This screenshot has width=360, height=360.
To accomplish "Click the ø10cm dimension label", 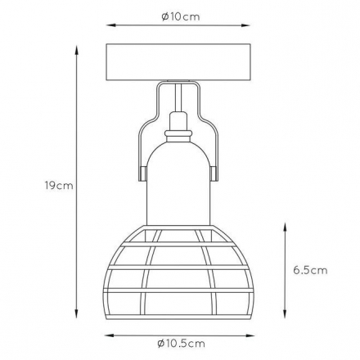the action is [181, 16].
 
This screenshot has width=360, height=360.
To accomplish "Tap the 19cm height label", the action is [59, 186].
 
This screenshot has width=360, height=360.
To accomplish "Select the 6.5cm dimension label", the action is [310, 270].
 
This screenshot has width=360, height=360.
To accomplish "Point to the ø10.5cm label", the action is [181, 344].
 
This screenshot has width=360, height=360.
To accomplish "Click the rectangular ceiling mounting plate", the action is [178, 62].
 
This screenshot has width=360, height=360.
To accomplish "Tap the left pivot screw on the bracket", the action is [142, 173].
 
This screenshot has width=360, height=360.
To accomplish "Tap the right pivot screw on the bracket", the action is [214, 173].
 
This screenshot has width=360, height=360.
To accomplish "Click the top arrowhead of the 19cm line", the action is [77, 50].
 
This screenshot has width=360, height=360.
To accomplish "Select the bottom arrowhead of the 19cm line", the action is [77, 313].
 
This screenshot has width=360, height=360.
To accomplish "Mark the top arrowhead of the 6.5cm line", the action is [285, 227].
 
